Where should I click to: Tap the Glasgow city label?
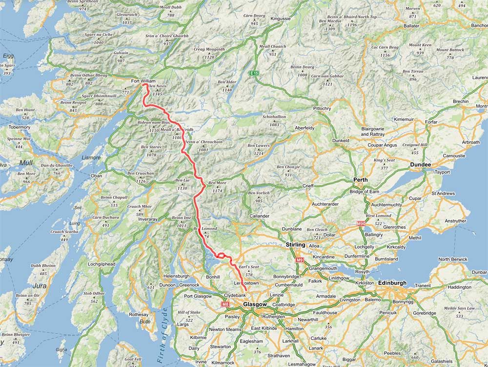255,304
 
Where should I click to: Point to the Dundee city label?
420,165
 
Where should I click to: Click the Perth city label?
360,180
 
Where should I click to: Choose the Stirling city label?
295,245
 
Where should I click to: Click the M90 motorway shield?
361,224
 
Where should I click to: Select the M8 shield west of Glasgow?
225,304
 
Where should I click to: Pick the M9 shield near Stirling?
300,260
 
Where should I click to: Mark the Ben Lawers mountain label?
259,146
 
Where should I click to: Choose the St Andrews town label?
443,194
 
